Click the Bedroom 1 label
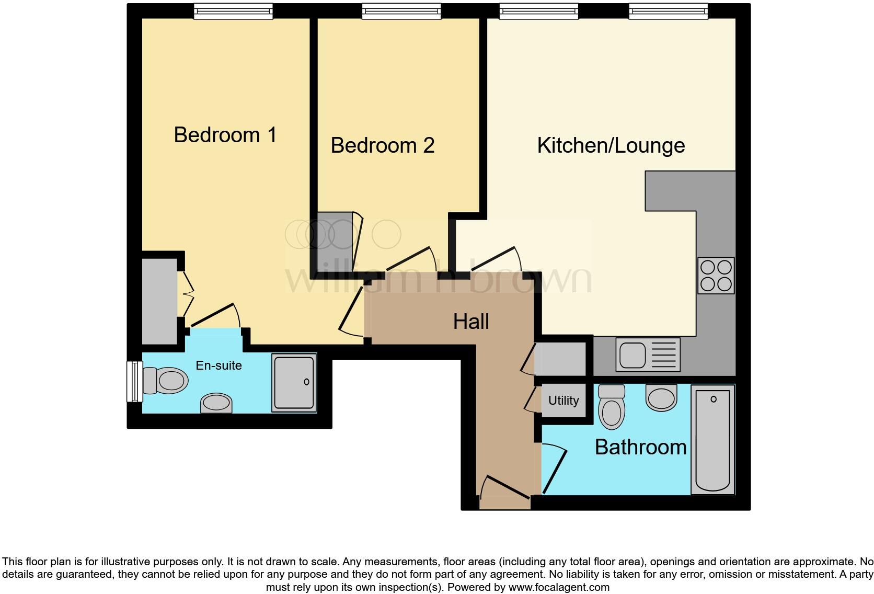pyautogui.click(x=225, y=135)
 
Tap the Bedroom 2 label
pyautogui.click(x=382, y=145)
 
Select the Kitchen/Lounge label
pyautogui.click(x=611, y=145)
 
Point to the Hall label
pyautogui.click(x=471, y=322)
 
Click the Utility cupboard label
pyautogui.click(x=563, y=401)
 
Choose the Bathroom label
pyautogui.click(x=640, y=447)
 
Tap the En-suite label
pyautogui.click(x=218, y=365)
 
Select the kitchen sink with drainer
pyautogui.click(x=648, y=355)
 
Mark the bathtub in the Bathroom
pyautogui.click(x=712, y=439)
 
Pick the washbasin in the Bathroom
pyautogui.click(x=661, y=398)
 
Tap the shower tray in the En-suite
pyautogui.click(x=294, y=382)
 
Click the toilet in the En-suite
pyautogui.click(x=166, y=380)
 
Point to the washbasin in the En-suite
pyautogui.click(x=216, y=403)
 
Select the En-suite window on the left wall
pyautogui.click(x=135, y=381)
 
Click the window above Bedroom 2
pyautogui.click(x=401, y=11)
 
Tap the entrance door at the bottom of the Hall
pyautogui.click(x=505, y=489)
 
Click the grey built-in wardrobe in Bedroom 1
pyautogui.click(x=159, y=301)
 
